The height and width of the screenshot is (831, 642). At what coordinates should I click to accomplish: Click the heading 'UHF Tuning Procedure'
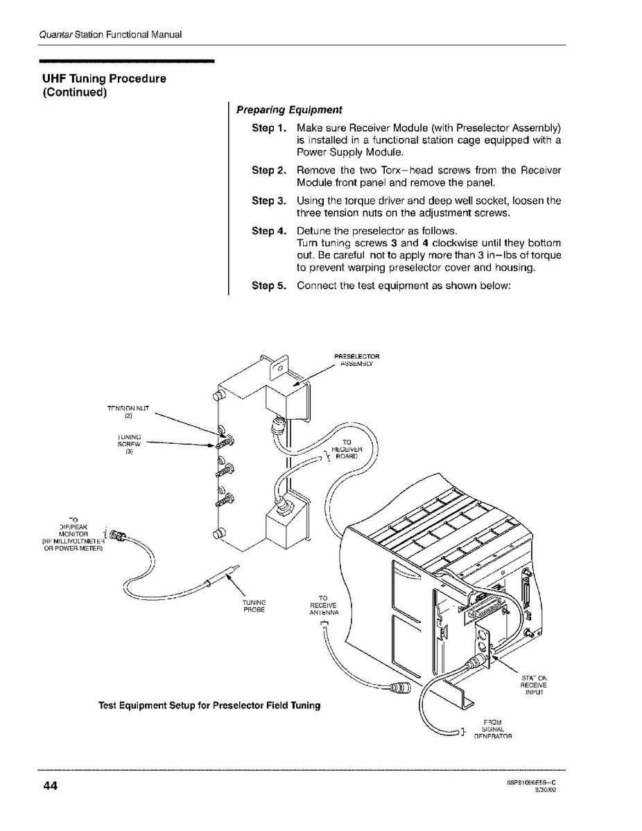[x=105, y=78]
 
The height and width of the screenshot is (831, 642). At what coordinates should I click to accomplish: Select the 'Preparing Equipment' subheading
[x=289, y=110]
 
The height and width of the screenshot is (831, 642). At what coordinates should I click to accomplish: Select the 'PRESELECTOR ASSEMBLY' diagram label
[x=357, y=360]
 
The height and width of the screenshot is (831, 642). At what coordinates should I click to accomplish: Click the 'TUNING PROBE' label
[x=254, y=605]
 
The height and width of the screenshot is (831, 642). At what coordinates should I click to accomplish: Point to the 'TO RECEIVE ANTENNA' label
[x=323, y=606]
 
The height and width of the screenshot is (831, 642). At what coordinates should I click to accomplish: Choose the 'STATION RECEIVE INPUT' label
[x=534, y=684]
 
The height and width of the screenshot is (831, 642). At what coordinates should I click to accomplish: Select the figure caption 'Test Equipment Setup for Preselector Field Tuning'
[x=209, y=705]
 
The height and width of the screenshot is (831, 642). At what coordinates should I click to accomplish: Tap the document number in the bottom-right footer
[x=532, y=782]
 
